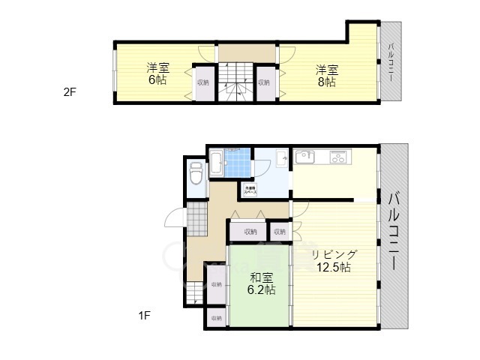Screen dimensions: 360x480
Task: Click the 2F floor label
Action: (70, 92)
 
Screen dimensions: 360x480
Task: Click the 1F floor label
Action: (145, 315)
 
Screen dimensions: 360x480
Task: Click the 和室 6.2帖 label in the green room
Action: (259, 283)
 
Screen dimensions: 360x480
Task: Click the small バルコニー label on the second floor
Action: (391, 63)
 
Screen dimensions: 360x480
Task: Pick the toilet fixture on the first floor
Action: (196, 175)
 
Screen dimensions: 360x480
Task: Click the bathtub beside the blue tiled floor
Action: (214, 161)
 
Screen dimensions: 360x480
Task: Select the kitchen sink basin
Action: (305, 157)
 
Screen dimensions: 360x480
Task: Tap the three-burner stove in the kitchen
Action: (339, 157)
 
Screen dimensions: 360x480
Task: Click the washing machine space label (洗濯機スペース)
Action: (249, 190)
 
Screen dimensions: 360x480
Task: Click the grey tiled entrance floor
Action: (196, 219)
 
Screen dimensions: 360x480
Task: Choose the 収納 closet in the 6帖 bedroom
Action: (203, 83)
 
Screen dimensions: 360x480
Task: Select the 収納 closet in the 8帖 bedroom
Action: (264, 83)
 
